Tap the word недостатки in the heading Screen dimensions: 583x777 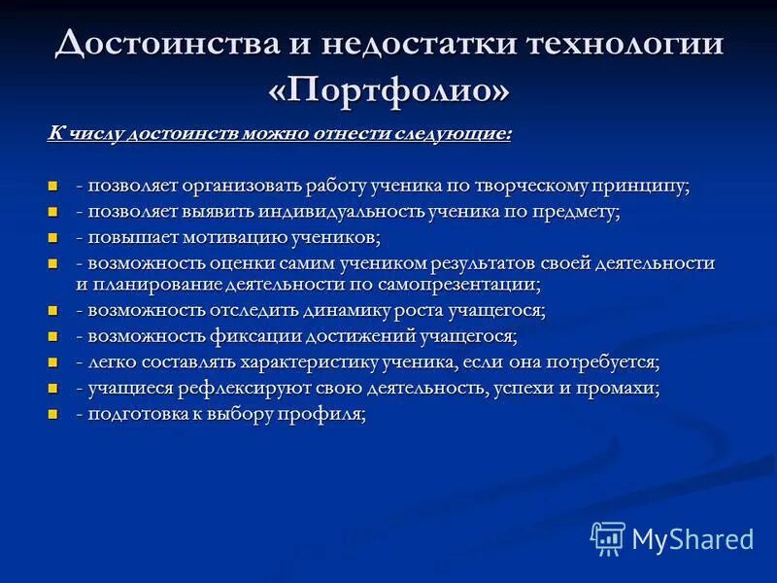[414, 43]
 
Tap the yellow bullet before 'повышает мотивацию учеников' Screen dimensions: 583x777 [53, 236]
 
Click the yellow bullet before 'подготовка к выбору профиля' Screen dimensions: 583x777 [53, 413]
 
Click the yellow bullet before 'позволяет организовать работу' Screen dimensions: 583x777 [53, 186]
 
